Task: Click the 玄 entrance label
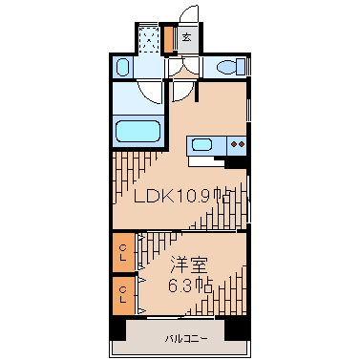tap(187, 37)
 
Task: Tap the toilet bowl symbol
tap(227, 67)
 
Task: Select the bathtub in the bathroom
tap(138, 132)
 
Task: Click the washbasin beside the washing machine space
tap(122, 67)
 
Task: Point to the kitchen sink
tap(202, 145)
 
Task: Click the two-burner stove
tap(238, 144)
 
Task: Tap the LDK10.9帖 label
tap(181, 196)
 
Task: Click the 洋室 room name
tap(189, 265)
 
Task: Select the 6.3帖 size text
tap(190, 286)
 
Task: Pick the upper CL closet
tap(124, 252)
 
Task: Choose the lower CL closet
tap(124, 295)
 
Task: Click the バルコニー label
tap(186, 338)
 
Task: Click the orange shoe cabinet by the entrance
tap(168, 39)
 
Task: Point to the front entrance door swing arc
tap(188, 13)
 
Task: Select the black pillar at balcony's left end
tap(117, 328)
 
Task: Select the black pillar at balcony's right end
tap(238, 328)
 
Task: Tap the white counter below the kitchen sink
tap(206, 161)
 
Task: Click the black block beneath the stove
tap(236, 162)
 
